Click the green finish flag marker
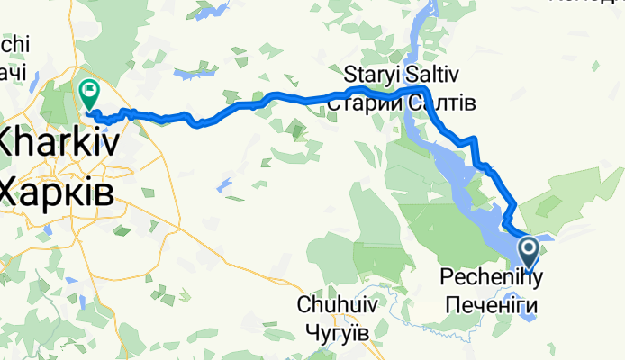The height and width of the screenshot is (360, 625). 89,91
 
